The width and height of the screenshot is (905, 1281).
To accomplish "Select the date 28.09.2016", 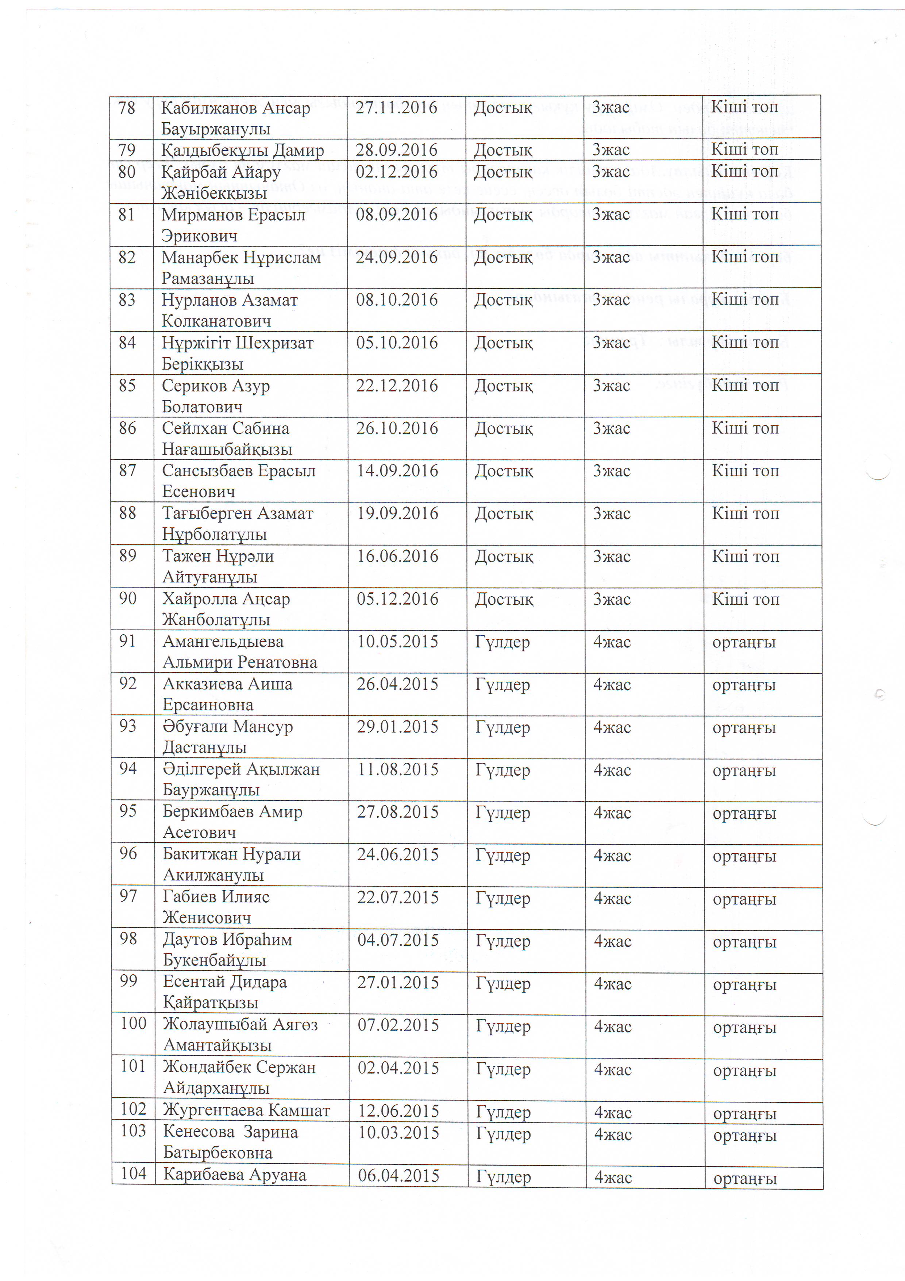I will pyautogui.click(x=396, y=150).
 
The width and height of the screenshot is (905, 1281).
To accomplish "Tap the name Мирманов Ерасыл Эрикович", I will pyautogui.click(x=233, y=225).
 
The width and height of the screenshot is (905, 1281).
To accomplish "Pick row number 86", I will pyautogui.click(x=128, y=428).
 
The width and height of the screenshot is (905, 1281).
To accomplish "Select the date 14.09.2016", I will pyautogui.click(x=397, y=471).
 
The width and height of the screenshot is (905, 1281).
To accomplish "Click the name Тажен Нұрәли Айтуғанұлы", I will pyautogui.click(x=218, y=566).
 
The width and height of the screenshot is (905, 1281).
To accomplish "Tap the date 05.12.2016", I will pyautogui.click(x=397, y=599).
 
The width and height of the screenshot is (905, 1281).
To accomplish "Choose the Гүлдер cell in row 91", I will pyautogui.click(x=502, y=642).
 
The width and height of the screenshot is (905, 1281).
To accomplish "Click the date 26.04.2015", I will pyautogui.click(x=397, y=685).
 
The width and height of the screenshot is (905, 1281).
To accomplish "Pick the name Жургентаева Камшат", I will pyautogui.click(x=246, y=1111).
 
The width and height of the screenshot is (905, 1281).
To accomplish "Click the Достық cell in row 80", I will pyautogui.click(x=503, y=172).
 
